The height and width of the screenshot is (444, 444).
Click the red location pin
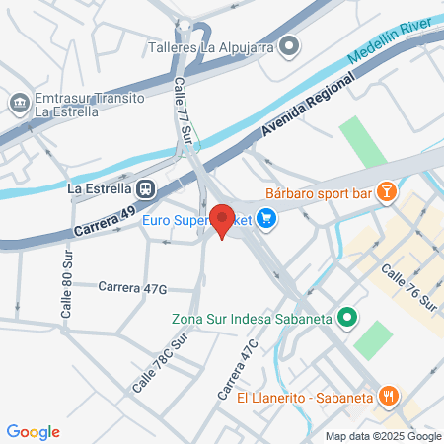(223, 220)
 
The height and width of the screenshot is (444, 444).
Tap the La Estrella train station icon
(145, 187)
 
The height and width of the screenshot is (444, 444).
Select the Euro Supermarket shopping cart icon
(265, 220)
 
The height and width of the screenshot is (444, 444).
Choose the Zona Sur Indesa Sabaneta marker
(346, 318)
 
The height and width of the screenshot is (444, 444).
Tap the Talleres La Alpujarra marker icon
(289, 45)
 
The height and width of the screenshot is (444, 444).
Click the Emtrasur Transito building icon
(19, 103)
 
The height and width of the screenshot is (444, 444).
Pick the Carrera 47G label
(132, 287)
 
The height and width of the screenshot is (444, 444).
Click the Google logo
(34, 432)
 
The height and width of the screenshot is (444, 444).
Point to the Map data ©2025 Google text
(384, 436)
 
